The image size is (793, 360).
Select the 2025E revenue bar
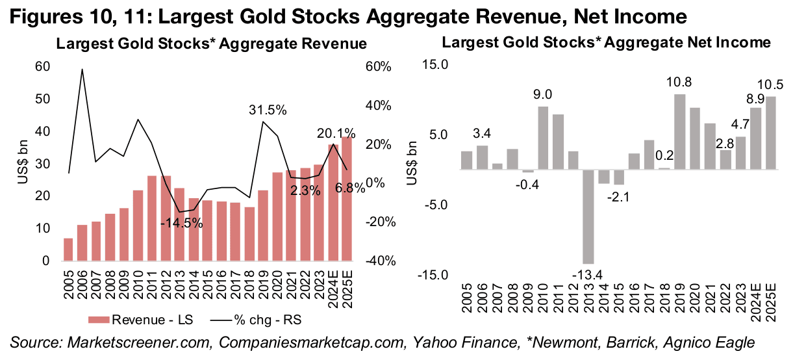coord(348,199)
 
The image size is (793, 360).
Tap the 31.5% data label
coord(268,110)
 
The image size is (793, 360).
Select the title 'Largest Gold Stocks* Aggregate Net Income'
coord(605,43)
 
